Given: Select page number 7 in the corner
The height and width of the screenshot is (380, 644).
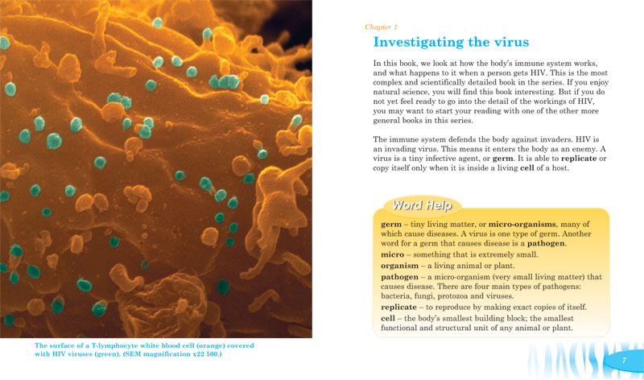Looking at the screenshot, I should click(623, 361).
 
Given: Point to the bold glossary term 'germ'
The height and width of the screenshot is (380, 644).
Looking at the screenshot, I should click(390, 223).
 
